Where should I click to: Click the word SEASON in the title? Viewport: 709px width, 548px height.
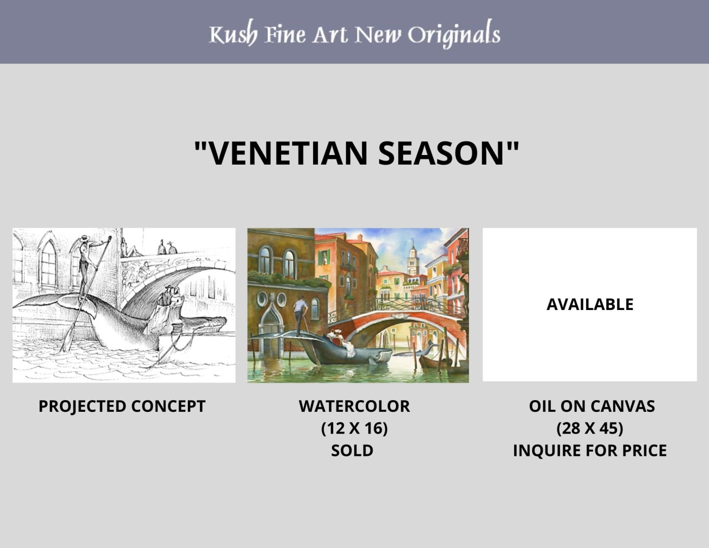pos(442,153)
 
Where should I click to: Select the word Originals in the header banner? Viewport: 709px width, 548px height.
pos(454,34)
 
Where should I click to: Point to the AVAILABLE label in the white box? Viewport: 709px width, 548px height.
pos(590,304)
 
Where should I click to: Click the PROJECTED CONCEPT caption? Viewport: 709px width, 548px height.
pos(122,406)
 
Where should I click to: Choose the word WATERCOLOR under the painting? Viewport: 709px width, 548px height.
pos(354,406)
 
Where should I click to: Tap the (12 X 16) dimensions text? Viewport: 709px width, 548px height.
pos(354,428)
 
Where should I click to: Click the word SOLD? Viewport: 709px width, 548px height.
pos(352,450)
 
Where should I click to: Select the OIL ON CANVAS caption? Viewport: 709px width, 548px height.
pos(592,406)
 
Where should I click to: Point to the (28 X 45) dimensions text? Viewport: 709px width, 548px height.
pos(590,428)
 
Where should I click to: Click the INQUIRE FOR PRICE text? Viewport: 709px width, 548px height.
pos(590,450)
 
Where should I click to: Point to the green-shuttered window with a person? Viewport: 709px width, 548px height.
pos(324,258)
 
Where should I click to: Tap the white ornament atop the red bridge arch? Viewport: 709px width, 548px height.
pos(400,316)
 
